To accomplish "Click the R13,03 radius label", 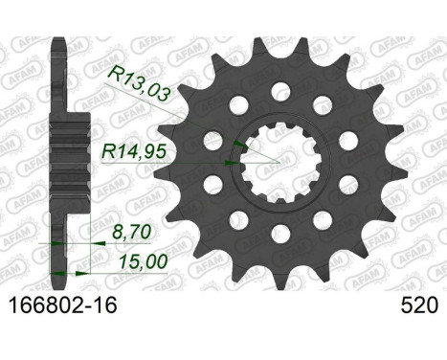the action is (x=139, y=85).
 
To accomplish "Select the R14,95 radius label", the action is (x=134, y=151).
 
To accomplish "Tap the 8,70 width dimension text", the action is (x=131, y=232).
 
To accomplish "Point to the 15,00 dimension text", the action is (x=143, y=262).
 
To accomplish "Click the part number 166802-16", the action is (x=63, y=305).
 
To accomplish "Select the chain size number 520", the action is (x=419, y=305).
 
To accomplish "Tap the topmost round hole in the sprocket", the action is (x=281, y=91).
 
